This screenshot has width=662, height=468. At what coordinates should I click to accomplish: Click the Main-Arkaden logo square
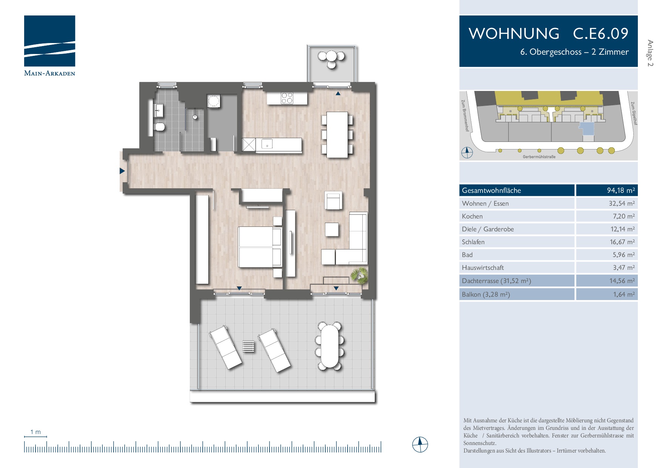[x=49, y=41]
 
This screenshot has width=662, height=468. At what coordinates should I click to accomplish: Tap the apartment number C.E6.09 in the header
[x=600, y=34]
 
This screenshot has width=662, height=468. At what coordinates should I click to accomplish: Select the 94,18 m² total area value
[x=620, y=190]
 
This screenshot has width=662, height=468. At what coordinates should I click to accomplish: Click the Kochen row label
[x=472, y=216]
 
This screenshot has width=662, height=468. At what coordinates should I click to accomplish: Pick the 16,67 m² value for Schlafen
[x=622, y=242]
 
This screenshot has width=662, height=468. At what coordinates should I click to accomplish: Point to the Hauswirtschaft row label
[x=483, y=268]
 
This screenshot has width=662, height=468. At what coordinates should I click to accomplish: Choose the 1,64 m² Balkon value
[x=624, y=294]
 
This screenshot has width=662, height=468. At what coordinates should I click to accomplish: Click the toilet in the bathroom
[x=160, y=126]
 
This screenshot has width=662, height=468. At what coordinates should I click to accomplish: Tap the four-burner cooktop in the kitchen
[x=287, y=98]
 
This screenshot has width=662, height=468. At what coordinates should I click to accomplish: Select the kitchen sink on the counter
[x=267, y=144]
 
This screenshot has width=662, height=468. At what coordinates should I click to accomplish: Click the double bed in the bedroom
[x=260, y=247]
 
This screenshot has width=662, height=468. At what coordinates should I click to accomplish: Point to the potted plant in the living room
[x=359, y=275]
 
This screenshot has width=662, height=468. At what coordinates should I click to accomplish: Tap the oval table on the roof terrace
[x=329, y=346]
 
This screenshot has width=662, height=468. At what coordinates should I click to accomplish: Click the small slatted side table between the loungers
[x=248, y=346]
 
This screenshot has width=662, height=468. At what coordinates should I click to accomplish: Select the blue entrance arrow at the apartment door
[x=122, y=171]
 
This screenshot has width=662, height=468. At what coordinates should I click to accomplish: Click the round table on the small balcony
[x=331, y=57]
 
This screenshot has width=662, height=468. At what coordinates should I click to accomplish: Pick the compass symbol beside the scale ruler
[x=420, y=445]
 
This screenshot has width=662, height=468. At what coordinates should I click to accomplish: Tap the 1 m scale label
[x=35, y=432]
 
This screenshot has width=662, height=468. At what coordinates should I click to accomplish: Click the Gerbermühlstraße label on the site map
[x=539, y=157]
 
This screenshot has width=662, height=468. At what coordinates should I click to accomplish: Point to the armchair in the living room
[x=333, y=200]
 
